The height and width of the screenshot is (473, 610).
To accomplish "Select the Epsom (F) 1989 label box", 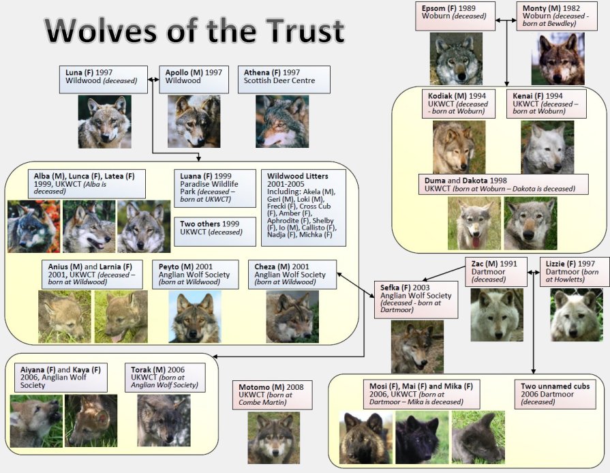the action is (x=455, y=16).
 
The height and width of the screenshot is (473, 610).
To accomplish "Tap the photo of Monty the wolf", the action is (x=558, y=59).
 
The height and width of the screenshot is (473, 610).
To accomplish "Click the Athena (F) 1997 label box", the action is (x=284, y=79).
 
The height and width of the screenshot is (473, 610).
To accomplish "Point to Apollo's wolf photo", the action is (x=194, y=121).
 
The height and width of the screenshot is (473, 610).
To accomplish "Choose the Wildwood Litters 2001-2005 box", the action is (x=303, y=208).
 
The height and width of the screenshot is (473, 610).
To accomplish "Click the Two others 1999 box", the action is (x=215, y=232).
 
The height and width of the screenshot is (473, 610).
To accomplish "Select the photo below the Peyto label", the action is (x=195, y=317).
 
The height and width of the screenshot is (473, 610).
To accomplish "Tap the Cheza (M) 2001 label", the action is (x=292, y=275).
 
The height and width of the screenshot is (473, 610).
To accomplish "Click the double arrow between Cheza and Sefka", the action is (x=356, y=285).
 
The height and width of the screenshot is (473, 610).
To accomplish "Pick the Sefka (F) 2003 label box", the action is (x=416, y=299).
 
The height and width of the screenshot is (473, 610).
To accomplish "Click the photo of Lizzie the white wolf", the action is (x=577, y=315).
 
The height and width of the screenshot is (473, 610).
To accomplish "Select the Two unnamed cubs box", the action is (x=555, y=395).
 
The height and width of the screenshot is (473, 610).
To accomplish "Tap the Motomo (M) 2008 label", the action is (x=273, y=395).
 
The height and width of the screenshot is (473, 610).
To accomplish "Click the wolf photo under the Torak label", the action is (x=164, y=421).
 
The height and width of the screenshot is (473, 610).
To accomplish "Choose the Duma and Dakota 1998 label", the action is (x=504, y=185).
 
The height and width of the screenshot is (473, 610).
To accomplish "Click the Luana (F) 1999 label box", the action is (x=215, y=188).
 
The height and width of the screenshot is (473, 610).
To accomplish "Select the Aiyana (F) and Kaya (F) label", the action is (x=61, y=378).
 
